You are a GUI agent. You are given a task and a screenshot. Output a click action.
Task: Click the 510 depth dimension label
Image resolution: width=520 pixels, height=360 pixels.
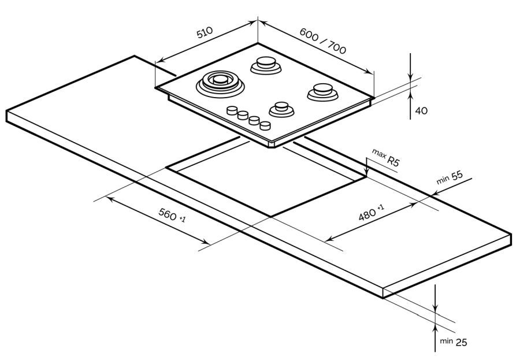(x=205, y=32)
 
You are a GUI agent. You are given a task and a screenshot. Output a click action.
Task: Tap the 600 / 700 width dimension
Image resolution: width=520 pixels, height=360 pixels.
(x=322, y=41)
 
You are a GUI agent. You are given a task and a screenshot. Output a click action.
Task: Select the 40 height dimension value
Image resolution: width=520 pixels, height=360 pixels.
(x=421, y=110)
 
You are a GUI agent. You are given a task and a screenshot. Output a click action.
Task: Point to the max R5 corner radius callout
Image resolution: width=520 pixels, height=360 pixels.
(x=386, y=157)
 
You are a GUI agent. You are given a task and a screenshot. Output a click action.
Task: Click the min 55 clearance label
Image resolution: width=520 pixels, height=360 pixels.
(x=450, y=177)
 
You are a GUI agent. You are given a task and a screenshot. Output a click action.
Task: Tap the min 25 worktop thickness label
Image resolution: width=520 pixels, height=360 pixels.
(x=454, y=342)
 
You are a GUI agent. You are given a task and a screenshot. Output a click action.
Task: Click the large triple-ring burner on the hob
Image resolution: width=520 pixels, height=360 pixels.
(x=220, y=83)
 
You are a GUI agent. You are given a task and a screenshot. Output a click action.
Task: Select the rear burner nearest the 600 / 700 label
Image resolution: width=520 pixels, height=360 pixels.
(x=266, y=65)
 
